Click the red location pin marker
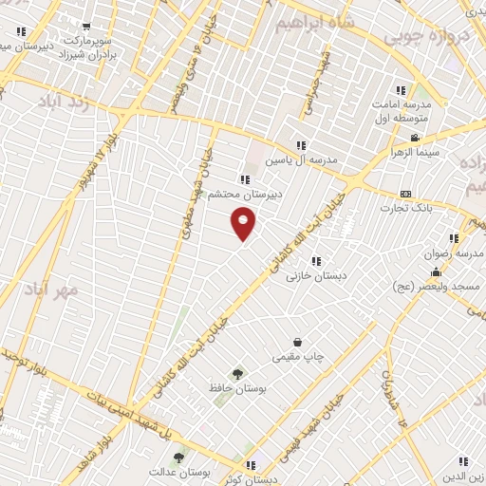tap(244, 223)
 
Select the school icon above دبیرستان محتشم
tap(245, 179)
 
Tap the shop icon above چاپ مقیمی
tap(298, 342)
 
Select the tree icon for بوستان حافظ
tap(237, 374)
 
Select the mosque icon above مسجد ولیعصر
tap(436, 272)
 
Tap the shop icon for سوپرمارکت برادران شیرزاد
tap(87, 28)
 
